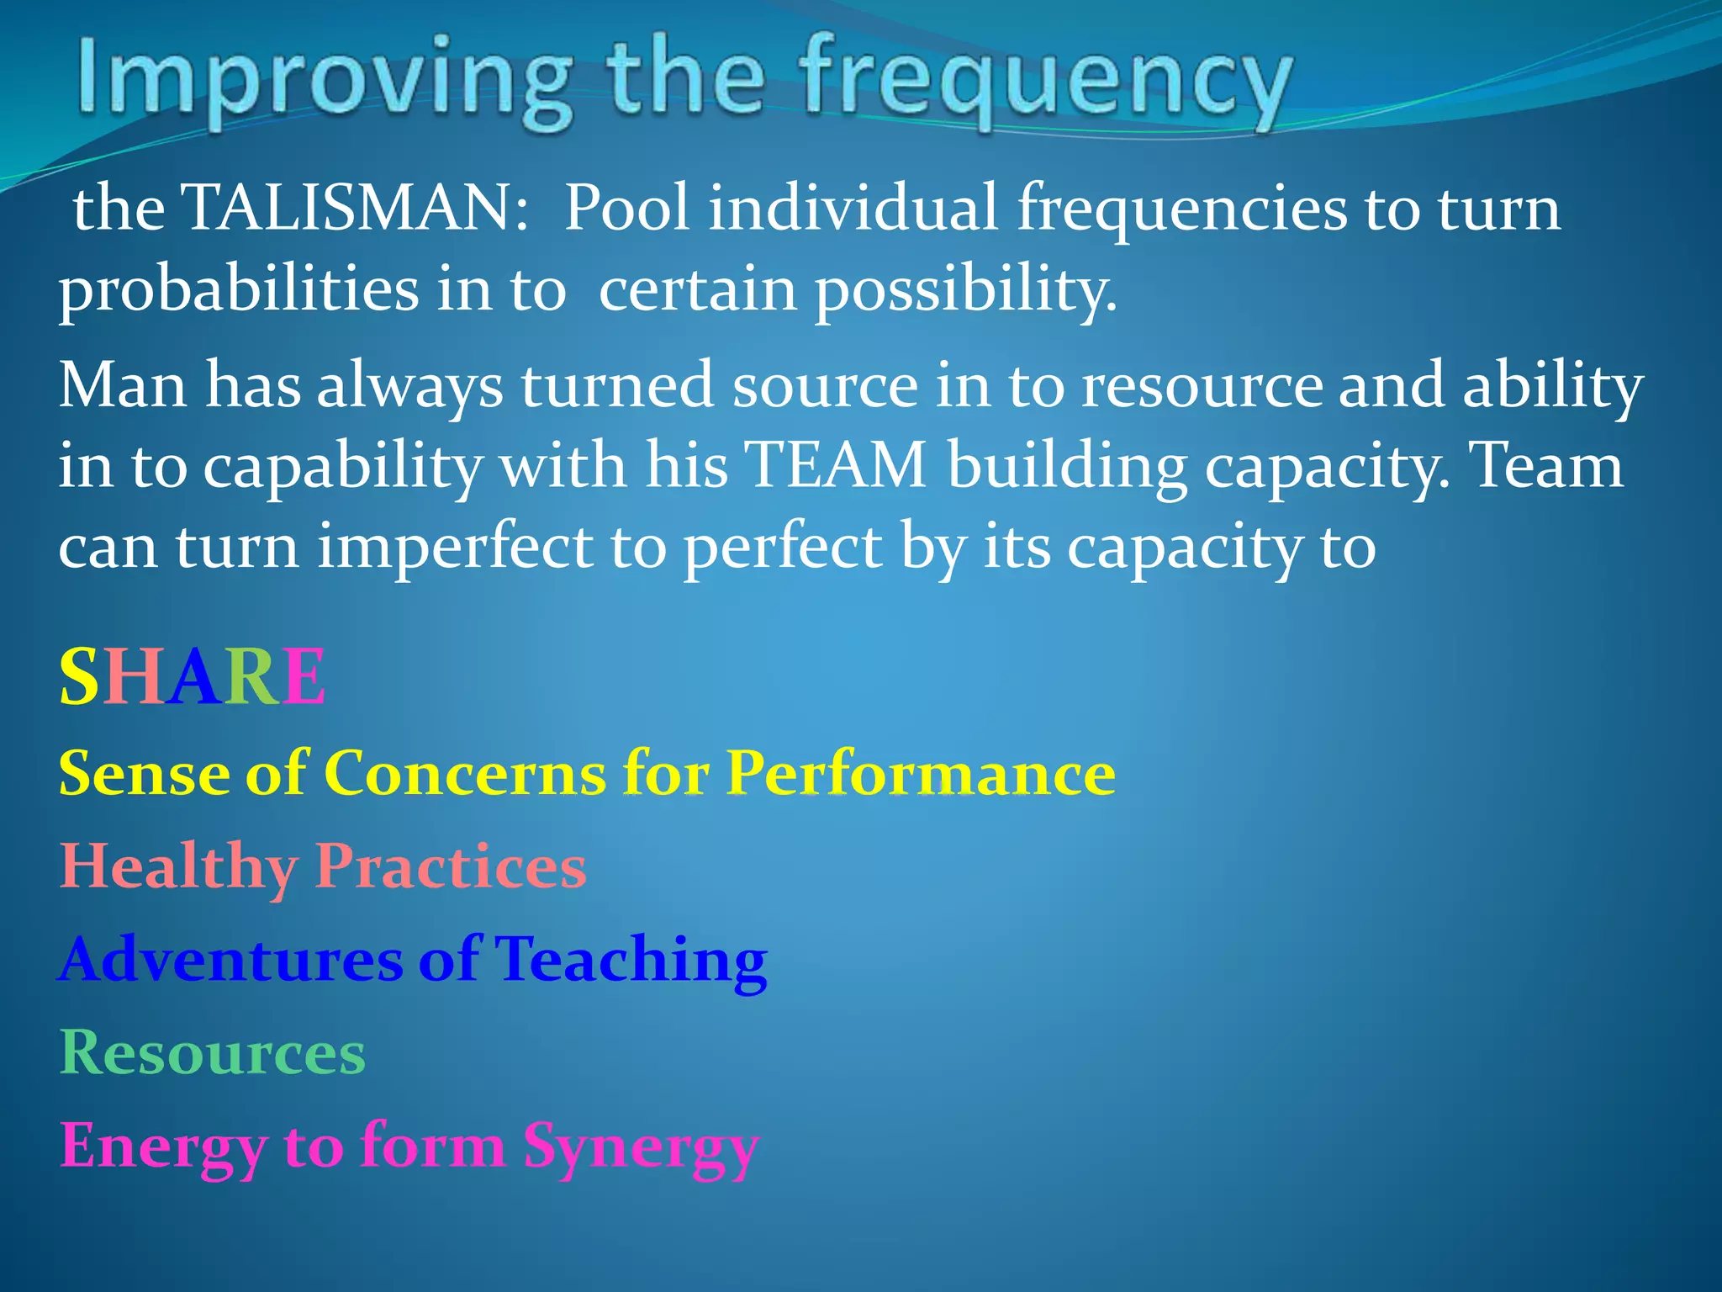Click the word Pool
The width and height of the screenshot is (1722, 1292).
coord(626,208)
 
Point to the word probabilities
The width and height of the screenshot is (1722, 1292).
coord(237,290)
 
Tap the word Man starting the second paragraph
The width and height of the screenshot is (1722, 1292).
coord(123,386)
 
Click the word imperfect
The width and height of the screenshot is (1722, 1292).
coord(454,548)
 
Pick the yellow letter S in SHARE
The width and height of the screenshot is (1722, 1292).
coord(79,677)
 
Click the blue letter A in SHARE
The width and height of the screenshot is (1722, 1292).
coord(193,677)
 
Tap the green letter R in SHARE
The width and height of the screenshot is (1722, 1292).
coord(251,677)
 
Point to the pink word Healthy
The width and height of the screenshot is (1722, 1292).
coord(177,866)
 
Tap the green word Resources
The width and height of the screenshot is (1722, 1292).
coord(213,1052)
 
